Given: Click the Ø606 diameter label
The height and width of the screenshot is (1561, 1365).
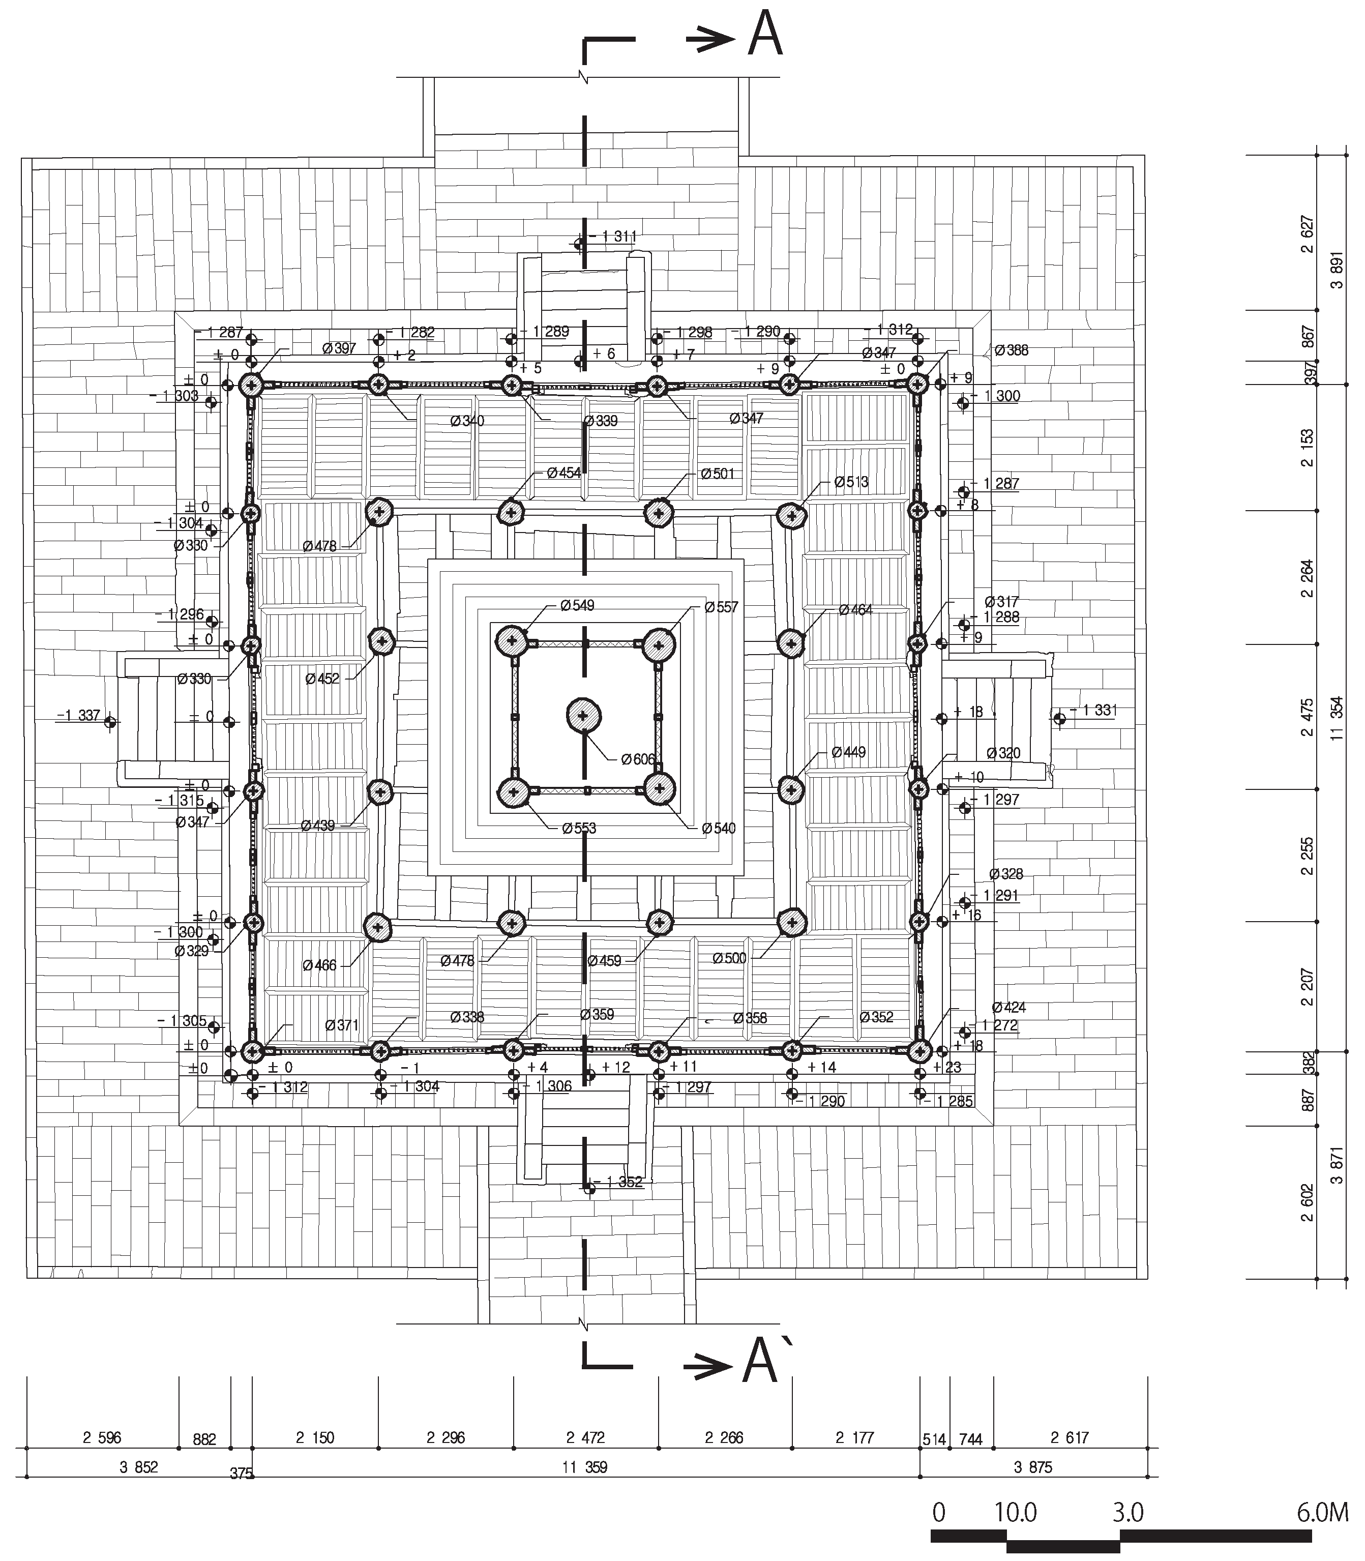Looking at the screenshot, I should [x=638, y=759].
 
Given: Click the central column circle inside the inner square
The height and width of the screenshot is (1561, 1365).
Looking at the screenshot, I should [x=583, y=715].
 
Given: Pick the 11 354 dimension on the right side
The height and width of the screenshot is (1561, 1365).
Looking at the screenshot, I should [x=1337, y=718].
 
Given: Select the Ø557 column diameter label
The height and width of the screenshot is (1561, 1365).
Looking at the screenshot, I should [x=721, y=607].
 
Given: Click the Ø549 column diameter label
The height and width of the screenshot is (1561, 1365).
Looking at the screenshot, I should [x=577, y=606].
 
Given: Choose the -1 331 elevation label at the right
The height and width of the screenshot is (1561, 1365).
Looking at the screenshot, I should [x=1094, y=710].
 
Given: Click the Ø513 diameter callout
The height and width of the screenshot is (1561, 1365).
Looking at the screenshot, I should [x=851, y=482].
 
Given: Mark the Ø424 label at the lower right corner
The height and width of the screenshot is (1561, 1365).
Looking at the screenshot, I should [x=1010, y=1007].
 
